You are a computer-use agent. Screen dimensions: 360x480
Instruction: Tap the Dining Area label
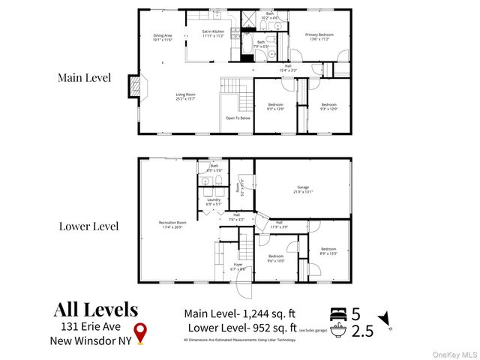pyautogui.click(x=163, y=37)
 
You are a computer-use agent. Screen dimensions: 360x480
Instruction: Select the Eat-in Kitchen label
pyautogui.click(x=213, y=33)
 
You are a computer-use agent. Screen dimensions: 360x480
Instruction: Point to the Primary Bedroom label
pyautogui.click(x=319, y=37)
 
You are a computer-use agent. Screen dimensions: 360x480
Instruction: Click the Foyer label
pyautogui.click(x=236, y=267)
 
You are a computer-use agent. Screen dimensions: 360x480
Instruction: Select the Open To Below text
pyautogui.click(x=238, y=118)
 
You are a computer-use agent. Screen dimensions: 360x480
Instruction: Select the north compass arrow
pyautogui.click(x=385, y=321)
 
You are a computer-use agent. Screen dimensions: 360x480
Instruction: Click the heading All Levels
pyautogui.click(x=95, y=309)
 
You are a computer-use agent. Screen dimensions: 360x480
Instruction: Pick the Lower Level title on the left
pyautogui.click(x=88, y=226)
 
